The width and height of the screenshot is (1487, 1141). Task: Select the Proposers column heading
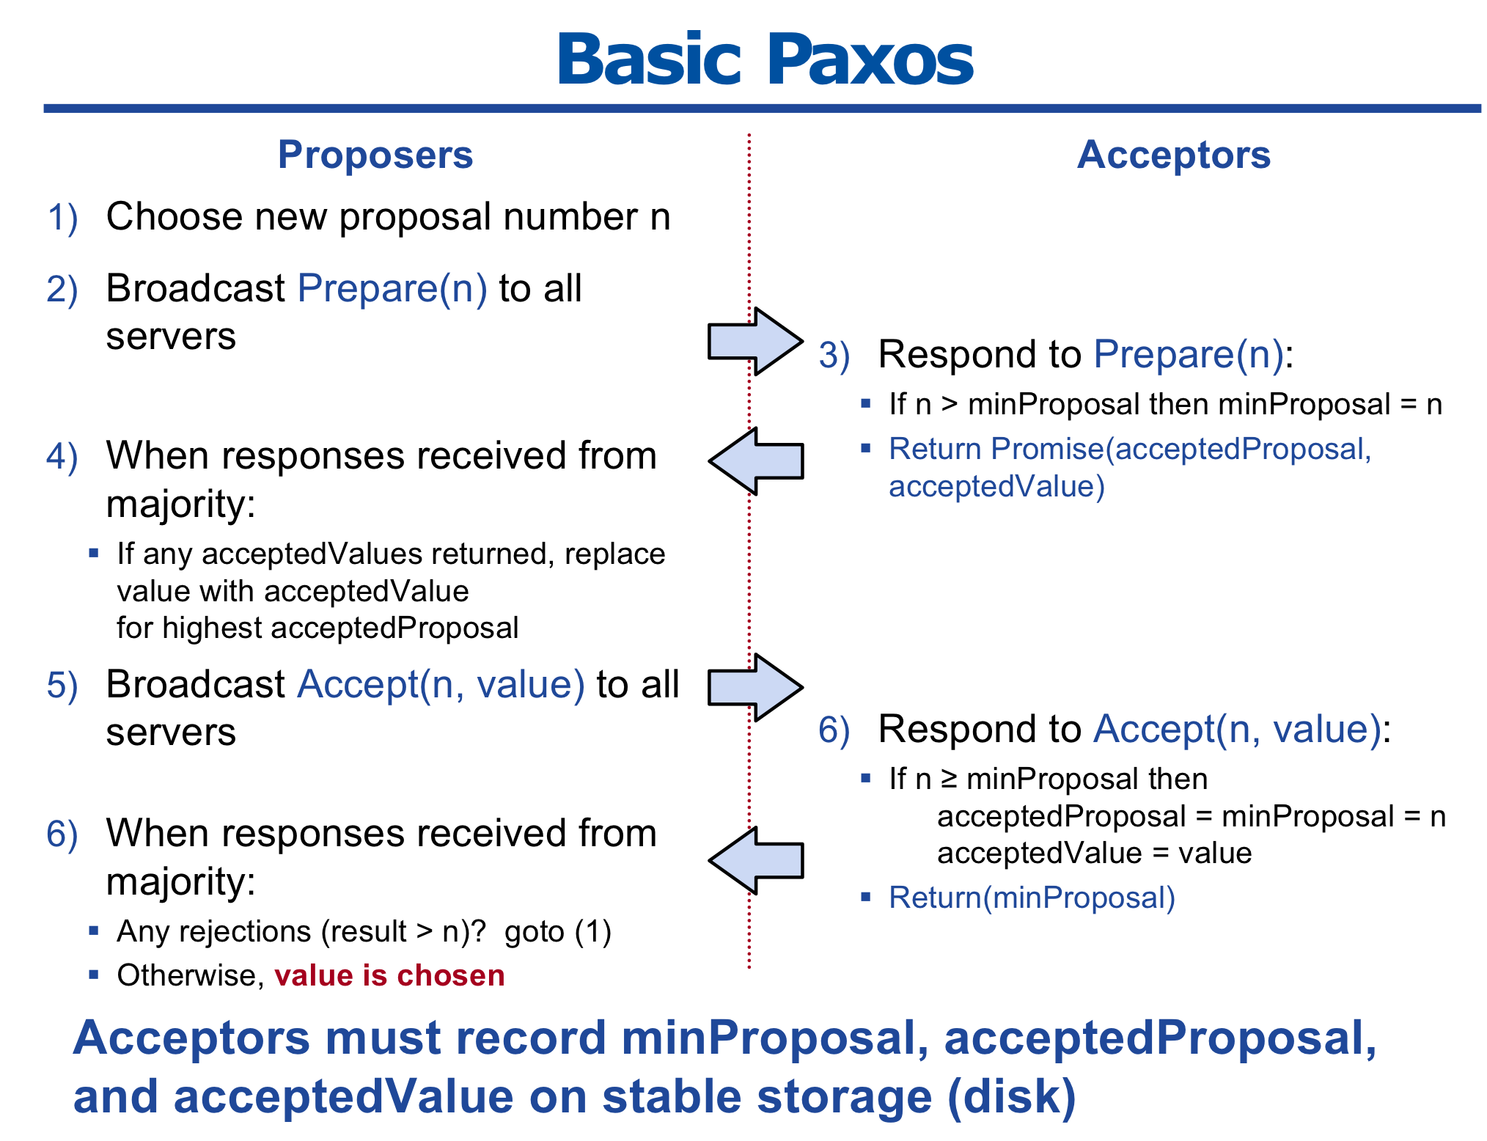pos(375,155)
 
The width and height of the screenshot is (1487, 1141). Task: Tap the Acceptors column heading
pos(1173,155)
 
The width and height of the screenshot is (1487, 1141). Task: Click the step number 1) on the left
pos(62,219)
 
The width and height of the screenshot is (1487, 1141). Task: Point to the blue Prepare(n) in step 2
pos(392,288)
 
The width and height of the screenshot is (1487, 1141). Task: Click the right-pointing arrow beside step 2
pos(755,341)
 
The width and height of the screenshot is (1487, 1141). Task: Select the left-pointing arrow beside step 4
pos(755,461)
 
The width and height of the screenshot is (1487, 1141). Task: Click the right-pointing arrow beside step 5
pos(755,688)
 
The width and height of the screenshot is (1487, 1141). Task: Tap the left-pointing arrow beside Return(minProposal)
pos(755,860)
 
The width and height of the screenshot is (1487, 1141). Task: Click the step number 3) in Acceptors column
pos(834,356)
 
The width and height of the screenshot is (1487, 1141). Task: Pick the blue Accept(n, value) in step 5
pos(441,685)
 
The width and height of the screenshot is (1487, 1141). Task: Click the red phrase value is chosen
pos(389,975)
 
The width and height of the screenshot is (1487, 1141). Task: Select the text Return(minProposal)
pos(1032,898)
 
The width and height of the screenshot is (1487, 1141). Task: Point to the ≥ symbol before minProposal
pos(949,779)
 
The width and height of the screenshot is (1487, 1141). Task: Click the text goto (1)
pos(558,932)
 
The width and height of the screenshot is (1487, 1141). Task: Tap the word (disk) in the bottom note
pos(1012,1096)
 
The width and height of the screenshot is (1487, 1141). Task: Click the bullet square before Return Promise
pos(866,447)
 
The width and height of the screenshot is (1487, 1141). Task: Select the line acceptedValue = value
pos(1094,854)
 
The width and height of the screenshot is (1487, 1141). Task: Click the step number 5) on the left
pos(62,686)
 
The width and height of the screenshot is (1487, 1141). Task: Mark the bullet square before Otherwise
pos(93,975)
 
